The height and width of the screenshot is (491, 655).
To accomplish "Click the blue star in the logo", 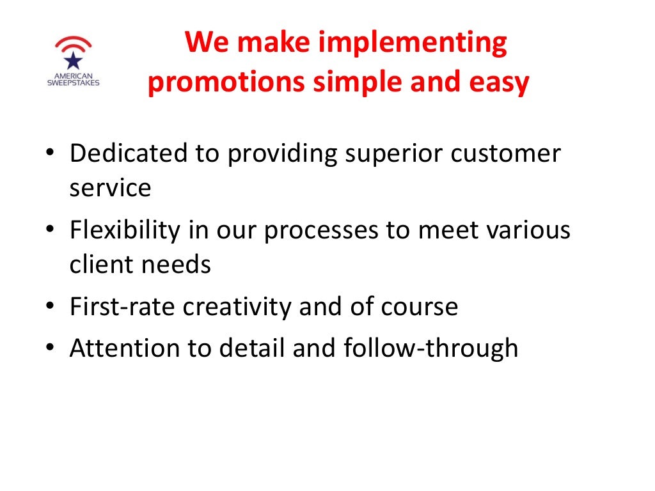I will coord(73,61).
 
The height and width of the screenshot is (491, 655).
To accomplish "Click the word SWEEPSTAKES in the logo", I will coord(73,82).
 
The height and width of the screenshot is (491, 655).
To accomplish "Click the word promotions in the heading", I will coord(227,83).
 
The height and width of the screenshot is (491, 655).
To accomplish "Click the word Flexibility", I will coord(125,230).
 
